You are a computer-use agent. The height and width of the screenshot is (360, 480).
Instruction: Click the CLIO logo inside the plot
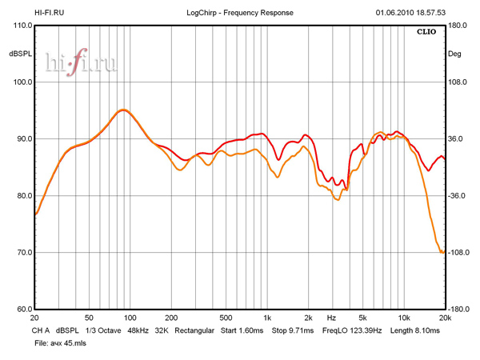[x=427, y=33]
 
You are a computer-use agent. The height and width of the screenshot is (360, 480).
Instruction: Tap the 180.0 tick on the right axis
[x=458, y=26]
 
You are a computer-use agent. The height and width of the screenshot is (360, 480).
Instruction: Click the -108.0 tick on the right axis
[x=458, y=253]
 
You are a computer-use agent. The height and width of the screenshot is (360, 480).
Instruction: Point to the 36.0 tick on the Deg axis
[x=455, y=139]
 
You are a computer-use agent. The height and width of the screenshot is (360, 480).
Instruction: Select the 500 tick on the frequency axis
[x=226, y=318]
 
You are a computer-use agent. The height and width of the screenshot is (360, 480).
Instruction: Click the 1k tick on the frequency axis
[x=267, y=318]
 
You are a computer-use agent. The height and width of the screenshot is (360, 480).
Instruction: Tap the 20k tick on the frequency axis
[x=445, y=318]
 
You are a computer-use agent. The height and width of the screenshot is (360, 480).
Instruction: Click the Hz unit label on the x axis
[x=330, y=318]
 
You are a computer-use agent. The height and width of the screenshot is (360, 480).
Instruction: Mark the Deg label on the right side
[x=455, y=54]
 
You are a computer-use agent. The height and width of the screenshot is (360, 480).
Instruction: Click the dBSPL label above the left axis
[x=20, y=54]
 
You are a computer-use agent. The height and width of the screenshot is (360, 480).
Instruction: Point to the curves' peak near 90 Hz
[x=122, y=110]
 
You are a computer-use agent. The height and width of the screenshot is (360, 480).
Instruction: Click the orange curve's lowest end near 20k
[x=442, y=253]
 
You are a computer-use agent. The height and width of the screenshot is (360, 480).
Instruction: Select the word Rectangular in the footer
[x=194, y=330]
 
